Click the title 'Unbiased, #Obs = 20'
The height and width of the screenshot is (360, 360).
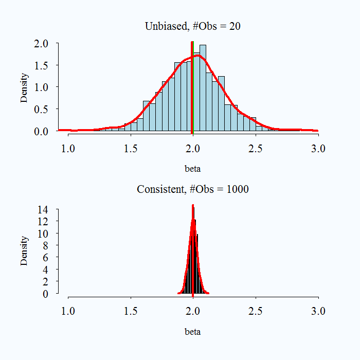(x=192, y=27)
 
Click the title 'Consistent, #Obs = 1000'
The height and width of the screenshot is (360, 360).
(x=192, y=189)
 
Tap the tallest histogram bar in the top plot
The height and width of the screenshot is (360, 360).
(x=203, y=87)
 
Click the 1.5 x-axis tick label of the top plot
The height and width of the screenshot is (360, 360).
(x=131, y=149)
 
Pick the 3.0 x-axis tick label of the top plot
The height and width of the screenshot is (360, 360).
(x=318, y=149)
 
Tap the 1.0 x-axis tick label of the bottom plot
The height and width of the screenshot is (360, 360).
(x=68, y=311)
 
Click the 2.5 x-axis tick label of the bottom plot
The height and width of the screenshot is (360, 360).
(x=256, y=311)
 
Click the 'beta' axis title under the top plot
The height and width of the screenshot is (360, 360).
(x=193, y=169)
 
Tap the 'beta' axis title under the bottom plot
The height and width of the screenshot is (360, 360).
(x=193, y=332)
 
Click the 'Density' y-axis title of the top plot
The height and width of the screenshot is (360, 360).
(x=24, y=88)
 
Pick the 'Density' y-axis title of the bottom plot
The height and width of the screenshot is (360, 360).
(x=24, y=250)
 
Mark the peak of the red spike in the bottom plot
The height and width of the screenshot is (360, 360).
(x=193, y=206)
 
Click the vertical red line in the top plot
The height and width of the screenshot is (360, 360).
(x=192, y=87)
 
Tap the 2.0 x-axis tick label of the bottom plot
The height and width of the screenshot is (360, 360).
(x=193, y=311)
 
